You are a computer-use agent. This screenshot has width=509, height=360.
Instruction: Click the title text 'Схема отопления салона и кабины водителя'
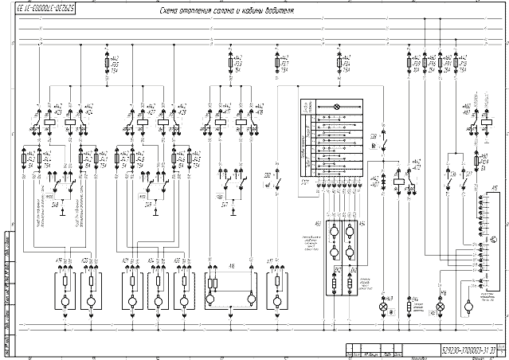226,13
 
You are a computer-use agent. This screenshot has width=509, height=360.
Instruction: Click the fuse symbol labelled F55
108,61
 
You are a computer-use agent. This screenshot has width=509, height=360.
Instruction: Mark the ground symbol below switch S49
156,213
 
